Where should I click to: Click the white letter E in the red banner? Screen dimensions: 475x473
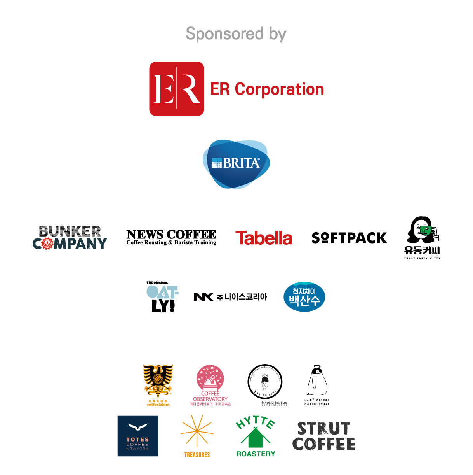pyautogui.click(x=162, y=89)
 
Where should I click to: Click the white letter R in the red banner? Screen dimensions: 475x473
pyautogui.click(x=190, y=89)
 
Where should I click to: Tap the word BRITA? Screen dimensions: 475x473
pyautogui.click(x=241, y=163)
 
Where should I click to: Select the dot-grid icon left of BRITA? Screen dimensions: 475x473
pyautogui.click(x=217, y=163)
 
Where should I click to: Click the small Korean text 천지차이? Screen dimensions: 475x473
pyautogui.click(x=304, y=291)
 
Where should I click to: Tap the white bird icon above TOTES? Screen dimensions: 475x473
pyautogui.click(x=137, y=428)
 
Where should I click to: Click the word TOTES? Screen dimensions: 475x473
pyautogui.click(x=137, y=440)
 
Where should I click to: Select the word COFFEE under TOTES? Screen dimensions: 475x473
pyautogui.click(x=137, y=444)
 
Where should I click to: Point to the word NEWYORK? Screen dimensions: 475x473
pyautogui.click(x=137, y=449)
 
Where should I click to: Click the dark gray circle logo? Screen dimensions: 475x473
pyautogui.click(x=264, y=381)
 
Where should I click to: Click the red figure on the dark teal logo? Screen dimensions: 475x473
pyautogui.click(x=47, y=249)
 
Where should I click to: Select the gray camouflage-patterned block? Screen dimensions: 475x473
pyautogui.click(x=70, y=231)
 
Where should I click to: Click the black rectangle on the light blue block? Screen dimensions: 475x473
pyautogui.click(x=233, y=308)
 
